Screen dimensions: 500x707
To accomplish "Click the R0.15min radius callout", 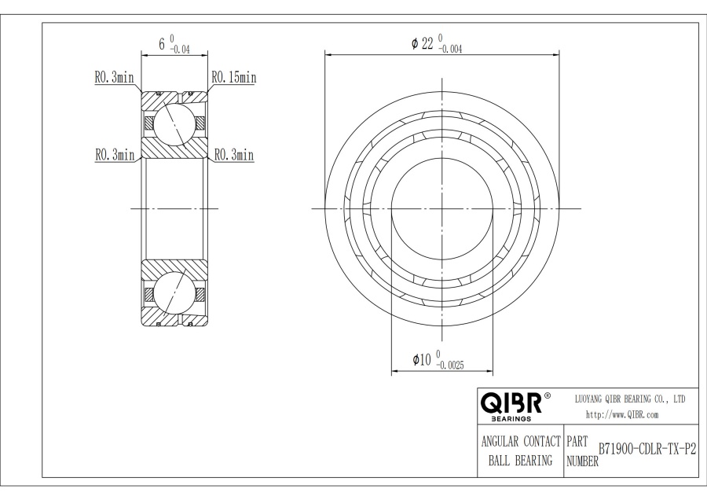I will [x=233, y=77].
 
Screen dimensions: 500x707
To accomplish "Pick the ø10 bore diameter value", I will [x=423, y=360].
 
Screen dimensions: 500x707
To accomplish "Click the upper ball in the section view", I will [x=174, y=123].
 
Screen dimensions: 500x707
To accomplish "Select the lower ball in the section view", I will [x=174, y=292].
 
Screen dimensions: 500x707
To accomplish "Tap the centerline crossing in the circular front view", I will [x=442, y=208].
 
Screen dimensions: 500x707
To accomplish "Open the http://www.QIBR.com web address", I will [x=622, y=414].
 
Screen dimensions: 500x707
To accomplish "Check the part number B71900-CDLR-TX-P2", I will [x=647, y=449].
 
